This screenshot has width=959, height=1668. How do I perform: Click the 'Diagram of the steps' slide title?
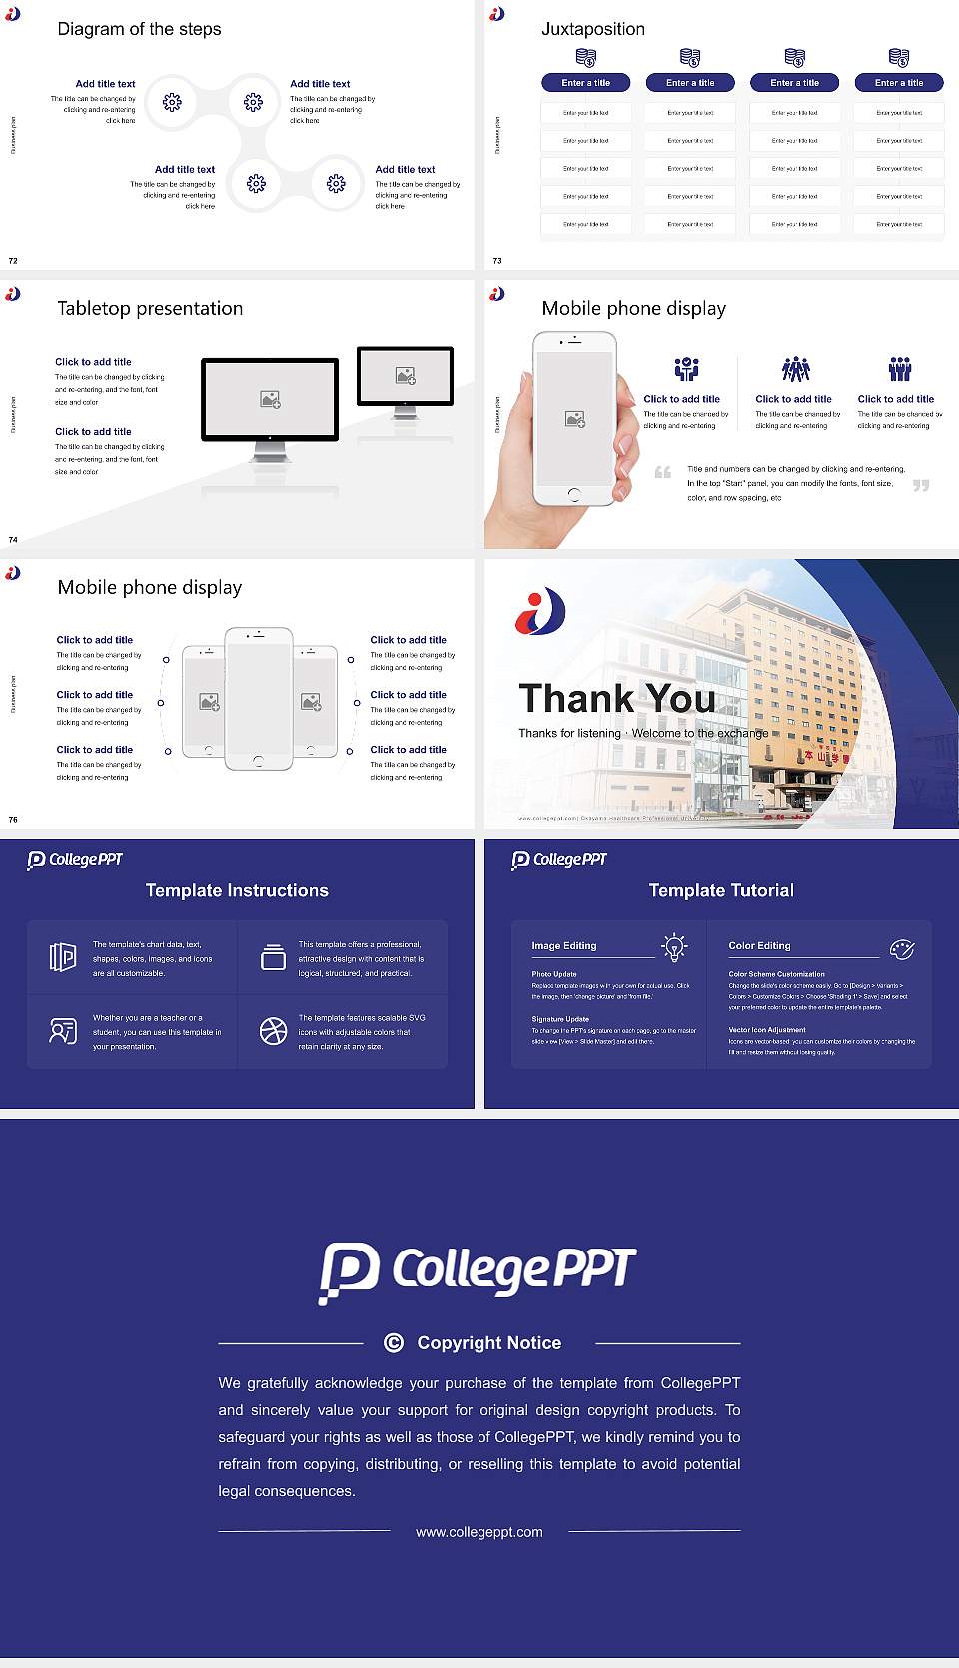pyautogui.click(x=139, y=29)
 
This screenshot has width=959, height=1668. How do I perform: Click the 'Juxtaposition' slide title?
pyautogui.click(x=592, y=29)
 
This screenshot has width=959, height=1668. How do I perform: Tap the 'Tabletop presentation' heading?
pyautogui.click(x=150, y=309)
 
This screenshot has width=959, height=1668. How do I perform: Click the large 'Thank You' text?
pyautogui.click(x=616, y=699)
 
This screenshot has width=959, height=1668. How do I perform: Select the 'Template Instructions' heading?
pyautogui.click(x=237, y=890)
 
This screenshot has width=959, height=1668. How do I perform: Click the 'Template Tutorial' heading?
pyautogui.click(x=721, y=890)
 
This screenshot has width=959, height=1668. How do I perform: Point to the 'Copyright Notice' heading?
pyautogui.click(x=488, y=1343)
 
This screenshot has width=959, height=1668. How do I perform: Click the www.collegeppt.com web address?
pyautogui.click(x=479, y=1532)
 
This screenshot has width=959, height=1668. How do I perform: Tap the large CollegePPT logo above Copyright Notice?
pyautogui.click(x=478, y=1271)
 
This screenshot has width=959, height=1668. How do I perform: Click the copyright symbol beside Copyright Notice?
pyautogui.click(x=394, y=1343)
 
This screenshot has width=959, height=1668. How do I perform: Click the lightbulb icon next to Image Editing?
pyautogui.click(x=675, y=947)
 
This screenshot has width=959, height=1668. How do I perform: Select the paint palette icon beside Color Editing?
pyautogui.click(x=902, y=948)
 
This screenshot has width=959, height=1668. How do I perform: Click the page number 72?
pyautogui.click(x=13, y=261)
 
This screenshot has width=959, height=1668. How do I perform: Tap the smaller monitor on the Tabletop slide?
pyautogui.click(x=405, y=377)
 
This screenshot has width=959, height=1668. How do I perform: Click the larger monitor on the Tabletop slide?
pyautogui.click(x=270, y=401)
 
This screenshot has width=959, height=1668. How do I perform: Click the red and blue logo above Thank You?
pyautogui.click(x=540, y=611)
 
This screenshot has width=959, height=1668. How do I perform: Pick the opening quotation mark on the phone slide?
pyautogui.click(x=662, y=472)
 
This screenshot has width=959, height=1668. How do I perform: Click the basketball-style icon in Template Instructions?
pyautogui.click(x=273, y=1031)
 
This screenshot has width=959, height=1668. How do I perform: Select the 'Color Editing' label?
pyautogui.click(x=759, y=945)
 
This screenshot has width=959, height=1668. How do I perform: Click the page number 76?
pyautogui.click(x=13, y=820)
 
